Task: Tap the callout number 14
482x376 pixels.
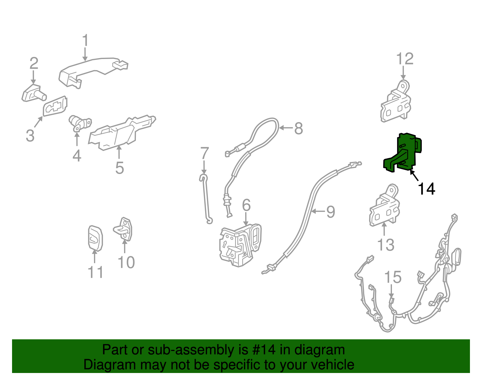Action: click(x=426, y=189)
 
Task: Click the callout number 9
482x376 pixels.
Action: click(x=331, y=212)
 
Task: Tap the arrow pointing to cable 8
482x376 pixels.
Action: click(x=286, y=128)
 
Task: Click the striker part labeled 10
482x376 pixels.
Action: click(x=123, y=229)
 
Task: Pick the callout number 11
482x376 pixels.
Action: click(x=95, y=272)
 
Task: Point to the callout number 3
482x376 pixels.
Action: click(x=30, y=135)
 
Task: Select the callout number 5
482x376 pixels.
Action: click(x=120, y=168)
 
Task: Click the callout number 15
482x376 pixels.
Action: click(x=393, y=277)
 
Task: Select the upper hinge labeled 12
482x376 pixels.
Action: click(x=396, y=101)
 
